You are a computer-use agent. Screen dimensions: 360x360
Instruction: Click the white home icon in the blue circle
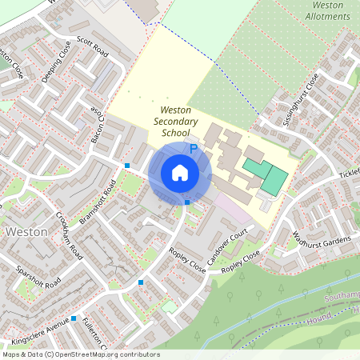pos(180,173)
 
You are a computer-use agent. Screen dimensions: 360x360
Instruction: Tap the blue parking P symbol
pos(193,149)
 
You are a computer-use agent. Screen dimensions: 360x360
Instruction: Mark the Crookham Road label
pos(70,237)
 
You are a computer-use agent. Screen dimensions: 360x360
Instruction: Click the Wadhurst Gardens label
pos(317,241)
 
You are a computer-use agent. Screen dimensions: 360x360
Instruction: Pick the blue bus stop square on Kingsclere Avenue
pos(74,318)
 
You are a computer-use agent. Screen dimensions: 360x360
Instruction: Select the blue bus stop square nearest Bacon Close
pos(127,166)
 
